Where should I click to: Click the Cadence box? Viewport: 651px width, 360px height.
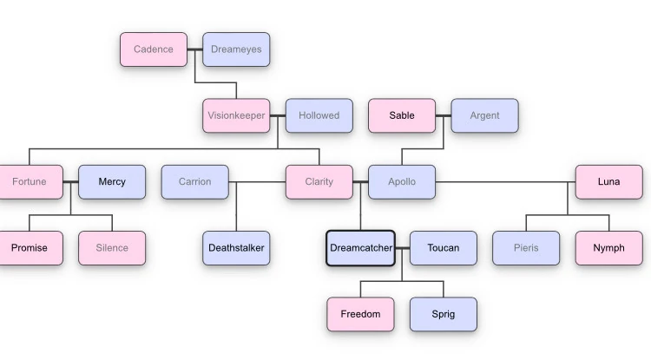coord(154,49)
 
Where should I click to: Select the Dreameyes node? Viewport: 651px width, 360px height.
coord(236,49)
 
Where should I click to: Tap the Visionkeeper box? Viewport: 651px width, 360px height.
coord(236,115)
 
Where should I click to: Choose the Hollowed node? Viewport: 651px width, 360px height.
coord(319,115)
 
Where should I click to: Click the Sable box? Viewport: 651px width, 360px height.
coord(402,115)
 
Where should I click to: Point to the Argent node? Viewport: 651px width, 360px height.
coord(484,115)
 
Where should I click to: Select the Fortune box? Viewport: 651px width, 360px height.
coord(29,182)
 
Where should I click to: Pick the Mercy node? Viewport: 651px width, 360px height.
coord(112,182)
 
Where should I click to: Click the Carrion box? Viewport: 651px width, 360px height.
coord(194,182)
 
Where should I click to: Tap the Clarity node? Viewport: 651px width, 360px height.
coord(319,182)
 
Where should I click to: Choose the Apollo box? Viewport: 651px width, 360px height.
coord(402,182)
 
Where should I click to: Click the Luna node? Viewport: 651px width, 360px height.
coord(608,182)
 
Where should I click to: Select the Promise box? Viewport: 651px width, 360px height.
coord(29,248)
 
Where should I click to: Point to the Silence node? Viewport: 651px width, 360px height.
coord(112,248)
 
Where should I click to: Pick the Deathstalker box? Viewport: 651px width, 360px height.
coord(236,248)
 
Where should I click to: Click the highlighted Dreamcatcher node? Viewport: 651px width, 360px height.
coord(360,248)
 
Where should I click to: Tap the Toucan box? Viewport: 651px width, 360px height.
coord(443,248)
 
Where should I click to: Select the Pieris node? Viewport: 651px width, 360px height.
coord(526,248)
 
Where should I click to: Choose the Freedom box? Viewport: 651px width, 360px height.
coord(360,314)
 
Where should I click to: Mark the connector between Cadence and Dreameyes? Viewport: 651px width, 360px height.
coord(195,49)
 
